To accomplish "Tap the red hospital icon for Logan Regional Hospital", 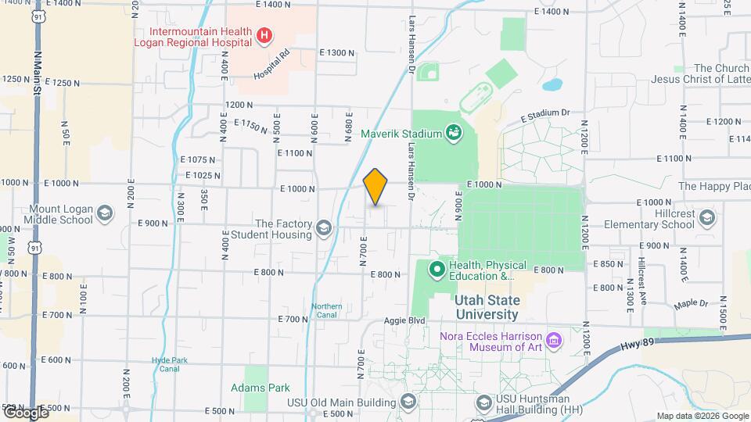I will click(x=264, y=35).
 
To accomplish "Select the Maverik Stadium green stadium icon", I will click(x=454, y=134).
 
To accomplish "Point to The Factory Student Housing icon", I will click(x=324, y=228).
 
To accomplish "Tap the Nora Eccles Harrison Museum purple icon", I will click(x=554, y=340).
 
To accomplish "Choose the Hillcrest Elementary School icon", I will click(x=707, y=217).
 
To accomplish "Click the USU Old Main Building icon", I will click(x=407, y=402).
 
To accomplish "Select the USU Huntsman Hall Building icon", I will click(x=483, y=402).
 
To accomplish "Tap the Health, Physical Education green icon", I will click(x=437, y=270).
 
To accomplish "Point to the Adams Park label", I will click(x=261, y=388).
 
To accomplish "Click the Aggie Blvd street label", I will click(x=404, y=321).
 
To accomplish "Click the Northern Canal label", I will click(x=326, y=310).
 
